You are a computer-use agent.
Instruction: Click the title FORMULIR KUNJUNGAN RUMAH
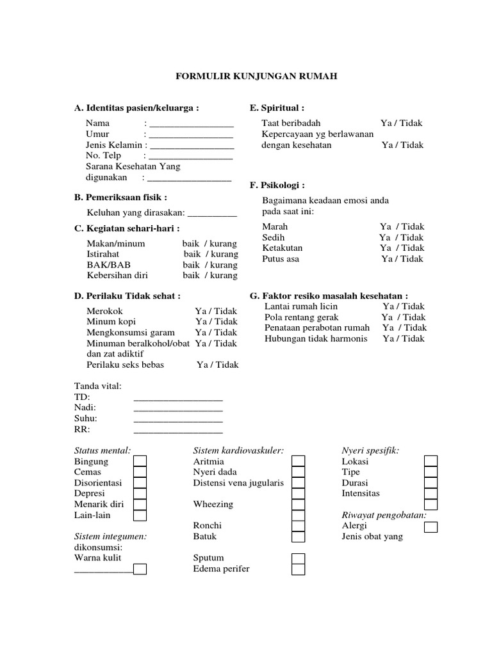tap(256, 76)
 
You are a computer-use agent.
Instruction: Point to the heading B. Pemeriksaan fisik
tap(121, 197)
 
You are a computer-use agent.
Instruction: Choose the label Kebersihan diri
tap(117, 276)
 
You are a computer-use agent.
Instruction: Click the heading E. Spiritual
tap(276, 107)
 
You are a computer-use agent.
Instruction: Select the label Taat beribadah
tap(291, 123)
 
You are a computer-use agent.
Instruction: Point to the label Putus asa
tap(281, 259)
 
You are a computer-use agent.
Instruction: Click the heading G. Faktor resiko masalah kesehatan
tap(329, 296)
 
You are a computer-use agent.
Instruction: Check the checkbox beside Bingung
tap(140, 461)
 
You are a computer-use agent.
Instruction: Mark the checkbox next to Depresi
tap(140, 493)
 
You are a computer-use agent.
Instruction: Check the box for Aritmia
tap(299, 461)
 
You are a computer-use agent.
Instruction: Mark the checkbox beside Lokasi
tap(431, 461)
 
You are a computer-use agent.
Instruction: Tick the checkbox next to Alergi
tap(431, 526)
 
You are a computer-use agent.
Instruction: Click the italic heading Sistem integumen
tap(111, 537)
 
